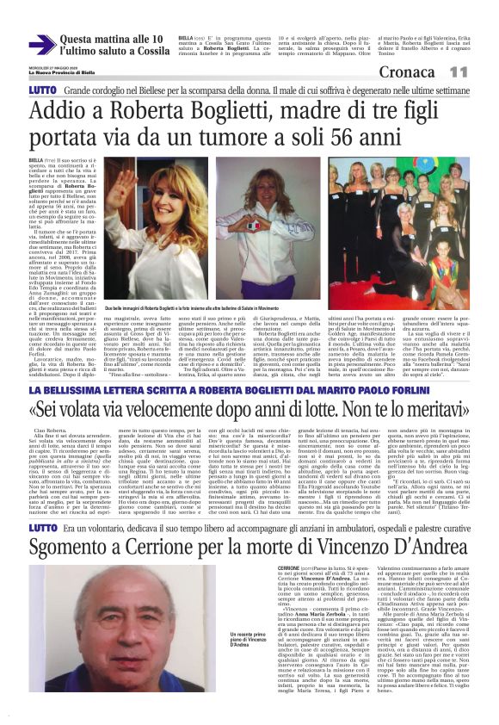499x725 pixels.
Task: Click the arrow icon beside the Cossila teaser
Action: [41, 44]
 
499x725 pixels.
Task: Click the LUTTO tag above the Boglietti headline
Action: [41, 90]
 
